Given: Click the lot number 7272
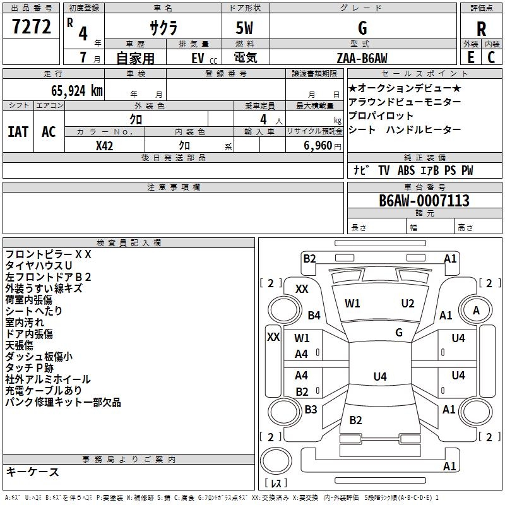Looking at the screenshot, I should tap(32, 27).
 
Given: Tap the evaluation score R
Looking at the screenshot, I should tap(481, 29).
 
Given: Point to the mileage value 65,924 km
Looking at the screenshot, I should tap(73, 90).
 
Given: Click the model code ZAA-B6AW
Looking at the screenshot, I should tap(362, 57).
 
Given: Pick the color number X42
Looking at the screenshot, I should tap(105, 145).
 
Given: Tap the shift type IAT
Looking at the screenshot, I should tap(18, 131).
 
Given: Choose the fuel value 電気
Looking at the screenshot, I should tap(245, 57).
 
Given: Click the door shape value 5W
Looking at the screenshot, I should tap(245, 28).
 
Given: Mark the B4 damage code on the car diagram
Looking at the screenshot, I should tap(314, 315).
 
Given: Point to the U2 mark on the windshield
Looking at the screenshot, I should tap(408, 304).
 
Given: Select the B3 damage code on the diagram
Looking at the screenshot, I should tap(311, 409).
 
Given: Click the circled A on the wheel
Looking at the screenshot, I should tap(476, 310).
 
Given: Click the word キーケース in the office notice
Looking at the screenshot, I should tap(32, 472).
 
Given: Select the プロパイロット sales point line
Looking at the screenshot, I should tap(381, 116).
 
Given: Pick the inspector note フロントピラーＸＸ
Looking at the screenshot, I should tap(49, 254).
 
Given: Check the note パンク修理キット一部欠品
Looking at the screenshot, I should tap(63, 402).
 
